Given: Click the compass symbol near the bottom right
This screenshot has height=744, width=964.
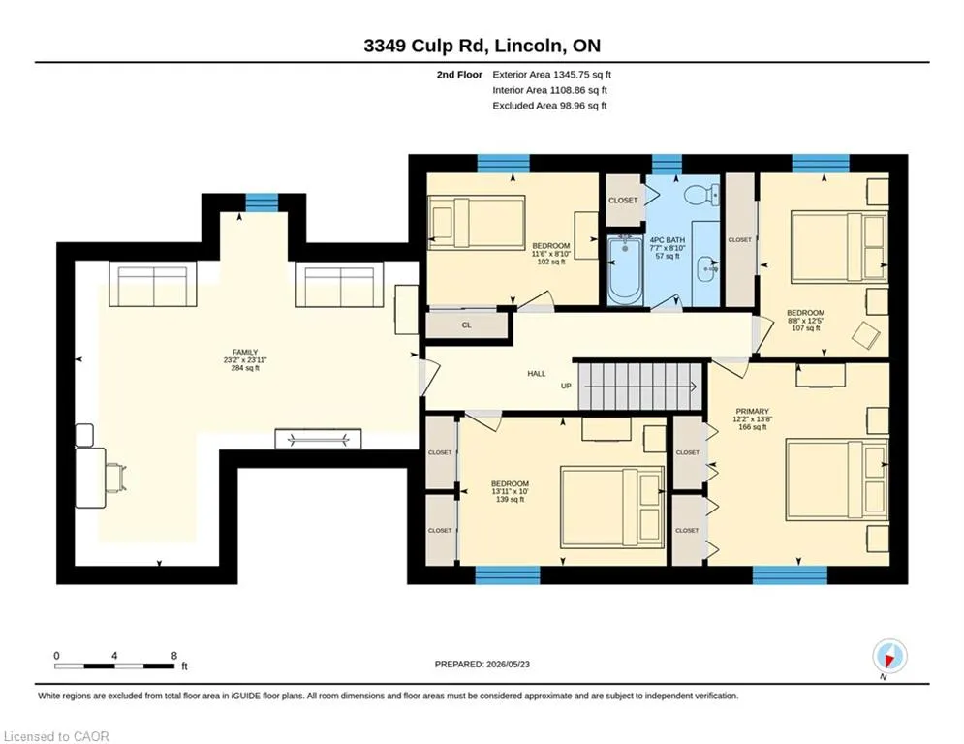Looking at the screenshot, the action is pos(889,657).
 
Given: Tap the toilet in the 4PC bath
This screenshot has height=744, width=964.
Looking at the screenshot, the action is pos(701,195).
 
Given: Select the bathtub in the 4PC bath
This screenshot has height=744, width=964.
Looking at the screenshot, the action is pos(626,270).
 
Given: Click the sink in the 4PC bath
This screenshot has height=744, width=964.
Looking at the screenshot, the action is pos(707,268).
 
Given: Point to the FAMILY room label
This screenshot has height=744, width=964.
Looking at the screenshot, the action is pos(245,353).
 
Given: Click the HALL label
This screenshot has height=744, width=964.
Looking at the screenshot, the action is pos(537,373).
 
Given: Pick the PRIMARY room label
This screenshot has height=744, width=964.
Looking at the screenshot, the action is pos(753,412).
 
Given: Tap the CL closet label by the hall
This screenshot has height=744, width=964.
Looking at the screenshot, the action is pos(467,325).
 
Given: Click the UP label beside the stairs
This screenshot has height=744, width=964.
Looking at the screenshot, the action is pos(566,387).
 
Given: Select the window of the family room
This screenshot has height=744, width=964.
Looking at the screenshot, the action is pos(262,202).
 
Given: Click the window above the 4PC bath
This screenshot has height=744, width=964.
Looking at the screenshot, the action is pos(668,164).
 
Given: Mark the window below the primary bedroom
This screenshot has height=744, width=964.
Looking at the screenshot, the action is pos(790,574).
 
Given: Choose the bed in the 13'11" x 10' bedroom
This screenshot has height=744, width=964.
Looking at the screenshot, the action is pos(612,508).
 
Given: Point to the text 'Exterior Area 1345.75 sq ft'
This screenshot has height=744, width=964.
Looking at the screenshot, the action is pos(551,75).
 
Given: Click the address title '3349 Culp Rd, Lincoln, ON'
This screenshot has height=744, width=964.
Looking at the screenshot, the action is pos(482,46).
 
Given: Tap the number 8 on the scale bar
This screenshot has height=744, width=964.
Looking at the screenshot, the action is pos(174,656).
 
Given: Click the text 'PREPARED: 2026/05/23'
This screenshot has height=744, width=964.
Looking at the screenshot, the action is pos(482,664).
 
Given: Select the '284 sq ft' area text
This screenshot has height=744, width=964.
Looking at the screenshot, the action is pos(245,368).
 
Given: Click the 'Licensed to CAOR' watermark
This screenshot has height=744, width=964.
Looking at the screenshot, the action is pos(56,736).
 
